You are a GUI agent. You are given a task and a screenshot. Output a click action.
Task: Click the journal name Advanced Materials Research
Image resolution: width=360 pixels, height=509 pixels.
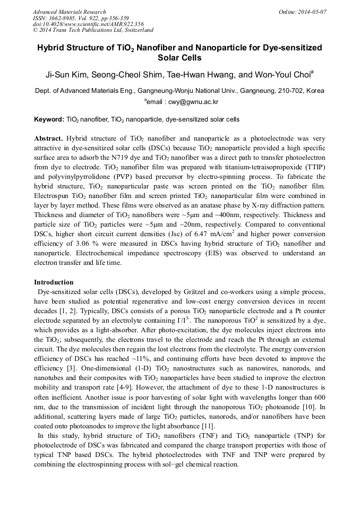pyautogui.click(x=70, y=12)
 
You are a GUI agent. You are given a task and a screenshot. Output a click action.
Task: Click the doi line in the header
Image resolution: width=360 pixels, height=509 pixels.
pyautogui.click(x=88, y=24)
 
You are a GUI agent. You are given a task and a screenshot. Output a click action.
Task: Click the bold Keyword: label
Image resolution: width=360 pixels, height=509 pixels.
pyautogui.click(x=49, y=119)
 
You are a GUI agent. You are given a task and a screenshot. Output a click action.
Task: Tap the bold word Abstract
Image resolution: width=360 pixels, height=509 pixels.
pyautogui.click(x=48, y=137)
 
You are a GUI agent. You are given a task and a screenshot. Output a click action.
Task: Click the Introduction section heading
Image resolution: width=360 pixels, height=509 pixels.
pyautogui.click(x=54, y=282)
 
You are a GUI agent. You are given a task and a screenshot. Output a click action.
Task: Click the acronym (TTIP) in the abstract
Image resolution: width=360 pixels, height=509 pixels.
pyautogui.click(x=313, y=167)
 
